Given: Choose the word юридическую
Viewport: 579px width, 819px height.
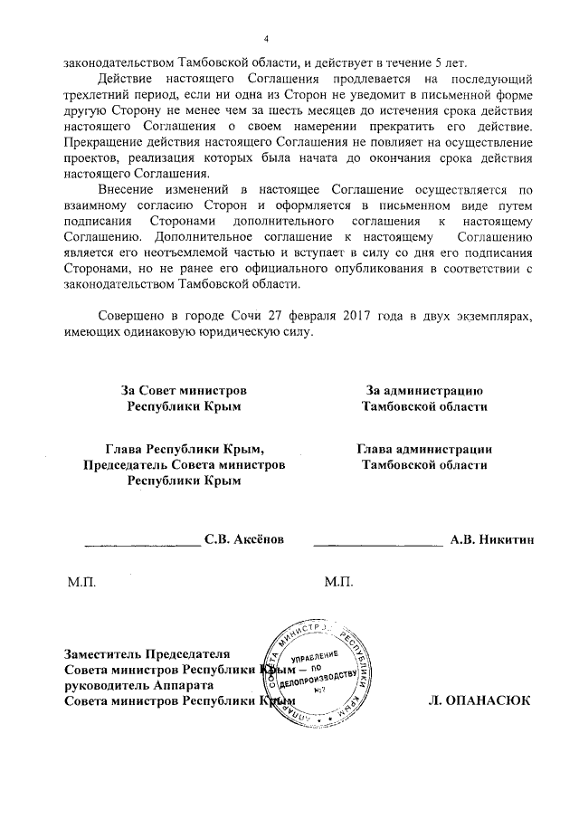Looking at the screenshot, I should pyautogui.click(x=242, y=331).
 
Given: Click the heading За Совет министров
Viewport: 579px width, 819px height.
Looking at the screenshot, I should pyautogui.click(x=184, y=390).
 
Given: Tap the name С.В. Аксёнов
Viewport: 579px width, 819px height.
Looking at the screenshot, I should pyautogui.click(x=244, y=539).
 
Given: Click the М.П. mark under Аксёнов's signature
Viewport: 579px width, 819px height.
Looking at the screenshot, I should pyautogui.click(x=81, y=580).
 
